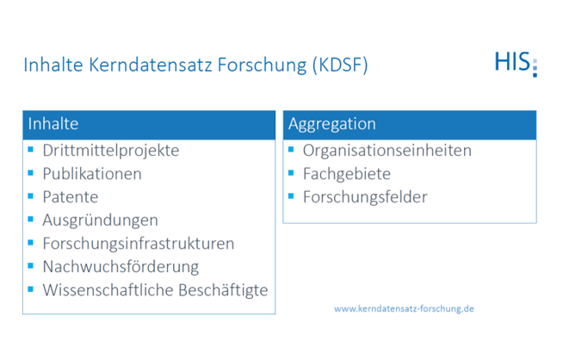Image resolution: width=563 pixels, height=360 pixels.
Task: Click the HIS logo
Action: [514, 63]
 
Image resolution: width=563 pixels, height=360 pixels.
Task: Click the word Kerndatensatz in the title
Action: [147, 65]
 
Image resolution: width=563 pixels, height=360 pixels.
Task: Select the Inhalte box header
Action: [149, 125]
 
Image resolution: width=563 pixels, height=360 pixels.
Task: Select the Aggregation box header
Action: [409, 125]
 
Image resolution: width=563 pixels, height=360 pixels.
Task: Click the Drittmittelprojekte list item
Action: [110, 151]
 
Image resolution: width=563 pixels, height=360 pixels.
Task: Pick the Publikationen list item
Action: [92, 174]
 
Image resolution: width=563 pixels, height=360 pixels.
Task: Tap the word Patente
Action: [71, 197]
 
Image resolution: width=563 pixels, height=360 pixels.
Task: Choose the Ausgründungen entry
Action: [100, 220]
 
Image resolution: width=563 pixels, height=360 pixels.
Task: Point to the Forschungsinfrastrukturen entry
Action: [138, 244]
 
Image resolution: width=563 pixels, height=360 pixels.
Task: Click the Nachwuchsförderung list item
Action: [121, 267]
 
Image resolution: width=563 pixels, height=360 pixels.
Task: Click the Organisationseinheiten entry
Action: [387, 151]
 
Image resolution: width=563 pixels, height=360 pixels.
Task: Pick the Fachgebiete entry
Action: [346, 174]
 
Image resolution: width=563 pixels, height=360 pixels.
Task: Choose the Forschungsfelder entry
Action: [364, 197]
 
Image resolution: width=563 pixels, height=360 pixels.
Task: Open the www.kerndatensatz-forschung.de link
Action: [404, 308]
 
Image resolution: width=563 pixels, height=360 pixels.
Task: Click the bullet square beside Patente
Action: [32, 196]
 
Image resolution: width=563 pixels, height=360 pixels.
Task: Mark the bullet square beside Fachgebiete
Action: [292, 172]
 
